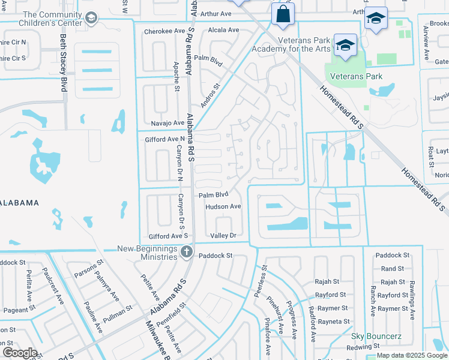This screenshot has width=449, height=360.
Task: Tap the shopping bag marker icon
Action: [283, 14]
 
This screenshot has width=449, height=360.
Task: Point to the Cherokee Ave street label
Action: [164, 31]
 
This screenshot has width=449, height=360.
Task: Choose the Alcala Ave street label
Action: [223, 30]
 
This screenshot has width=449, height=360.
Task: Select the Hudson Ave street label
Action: [223, 206]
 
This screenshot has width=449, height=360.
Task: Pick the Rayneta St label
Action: [333, 322]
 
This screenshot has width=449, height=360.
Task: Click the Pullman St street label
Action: [117, 313]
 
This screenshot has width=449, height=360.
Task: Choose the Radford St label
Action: [312, 324]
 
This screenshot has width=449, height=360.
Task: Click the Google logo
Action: [20, 353]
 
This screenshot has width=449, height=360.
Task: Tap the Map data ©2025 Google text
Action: [412, 355]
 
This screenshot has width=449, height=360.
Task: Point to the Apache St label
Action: [176, 76]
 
